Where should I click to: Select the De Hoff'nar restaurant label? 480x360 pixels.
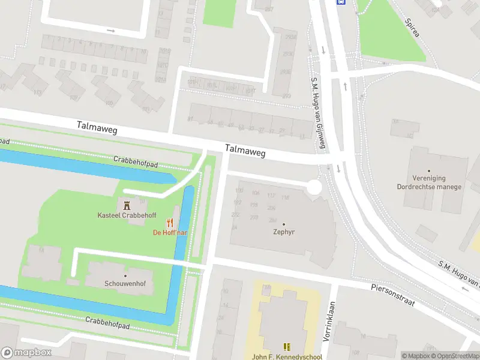coord(170,232)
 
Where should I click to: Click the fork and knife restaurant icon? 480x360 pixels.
coord(177,221)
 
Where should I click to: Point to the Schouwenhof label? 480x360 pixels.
coord(126,284)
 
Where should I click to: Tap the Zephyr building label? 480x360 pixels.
coord(284,232)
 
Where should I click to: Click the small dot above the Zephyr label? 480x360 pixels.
coord(284,224)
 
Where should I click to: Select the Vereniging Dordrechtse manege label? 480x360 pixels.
coord(429,182)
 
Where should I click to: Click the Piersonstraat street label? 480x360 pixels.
coord(392,295)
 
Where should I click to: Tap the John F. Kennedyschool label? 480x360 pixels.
coord(287,356)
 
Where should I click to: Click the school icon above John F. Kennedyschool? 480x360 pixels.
coord(287,346)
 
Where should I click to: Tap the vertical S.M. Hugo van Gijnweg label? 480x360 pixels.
coord(317,113)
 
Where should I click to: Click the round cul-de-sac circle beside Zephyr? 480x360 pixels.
coord(314,188)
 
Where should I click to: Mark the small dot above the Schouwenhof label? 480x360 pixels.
coord(125,276)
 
